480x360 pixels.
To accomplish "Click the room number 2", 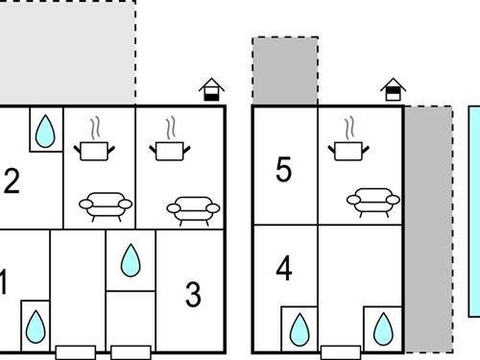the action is click(12, 181).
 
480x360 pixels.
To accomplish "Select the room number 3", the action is click(193, 295).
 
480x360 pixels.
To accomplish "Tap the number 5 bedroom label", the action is click(284, 170).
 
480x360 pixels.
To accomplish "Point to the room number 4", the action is click(284, 268).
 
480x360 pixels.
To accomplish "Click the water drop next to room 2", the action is click(45, 132).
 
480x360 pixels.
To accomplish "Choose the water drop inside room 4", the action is click(300, 329).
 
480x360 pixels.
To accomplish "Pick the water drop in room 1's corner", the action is click(36, 326).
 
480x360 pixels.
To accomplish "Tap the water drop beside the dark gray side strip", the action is click(383, 329).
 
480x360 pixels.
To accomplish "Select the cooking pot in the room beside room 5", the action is click(348, 151).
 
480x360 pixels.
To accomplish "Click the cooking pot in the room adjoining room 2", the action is click(94, 151).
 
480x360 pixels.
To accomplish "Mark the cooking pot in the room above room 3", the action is click(170, 151).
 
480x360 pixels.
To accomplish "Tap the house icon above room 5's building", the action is click(394, 89).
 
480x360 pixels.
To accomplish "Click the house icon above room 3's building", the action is click(211, 89).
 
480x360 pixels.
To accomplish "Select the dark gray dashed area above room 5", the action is click(285, 71).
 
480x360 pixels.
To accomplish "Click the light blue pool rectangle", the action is click(474, 211).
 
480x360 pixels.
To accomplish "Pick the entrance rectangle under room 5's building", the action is click(341, 352).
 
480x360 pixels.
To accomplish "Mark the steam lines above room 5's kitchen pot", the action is click(349, 128).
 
